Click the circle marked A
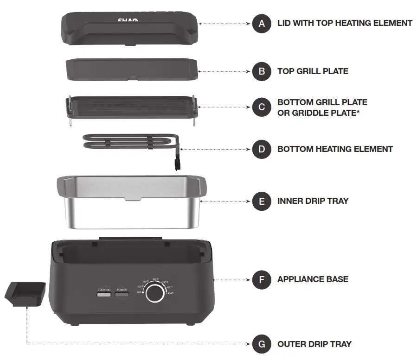click(x=262, y=23)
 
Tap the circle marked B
click(x=262, y=71)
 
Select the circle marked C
click(x=262, y=107)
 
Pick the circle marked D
click(x=262, y=149)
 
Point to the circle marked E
click(x=262, y=201)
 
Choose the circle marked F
click(x=262, y=279)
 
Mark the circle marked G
click(x=262, y=344)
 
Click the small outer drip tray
click(x=26, y=293)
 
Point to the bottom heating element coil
click(x=125, y=142)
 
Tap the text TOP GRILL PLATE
click(x=312, y=71)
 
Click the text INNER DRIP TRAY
click(x=313, y=201)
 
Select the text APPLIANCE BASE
click(x=313, y=279)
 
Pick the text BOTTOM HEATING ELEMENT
click(x=335, y=149)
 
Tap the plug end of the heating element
click(x=176, y=164)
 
